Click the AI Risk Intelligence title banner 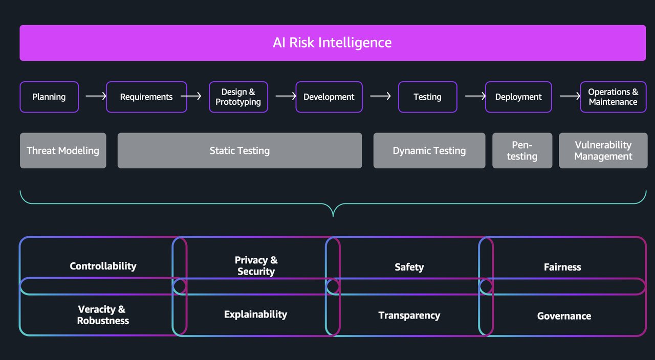(x=333, y=42)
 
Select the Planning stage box (x=49, y=97)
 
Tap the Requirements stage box (x=146, y=97)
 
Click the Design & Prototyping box (x=238, y=97)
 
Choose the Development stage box (x=329, y=97)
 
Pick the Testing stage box (x=427, y=97)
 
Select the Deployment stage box (x=518, y=97)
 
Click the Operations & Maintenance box (x=613, y=97)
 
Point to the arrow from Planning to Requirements (x=96, y=96)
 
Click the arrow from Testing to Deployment (x=475, y=96)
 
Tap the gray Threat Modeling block (x=63, y=150)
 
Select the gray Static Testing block (x=239, y=150)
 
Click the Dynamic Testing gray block (x=429, y=150)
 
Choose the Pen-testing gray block (x=522, y=150)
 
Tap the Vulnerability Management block (x=603, y=150)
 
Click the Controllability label (x=103, y=266)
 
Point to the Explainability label (x=255, y=314)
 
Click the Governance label (x=564, y=316)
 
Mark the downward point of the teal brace (x=333, y=215)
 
